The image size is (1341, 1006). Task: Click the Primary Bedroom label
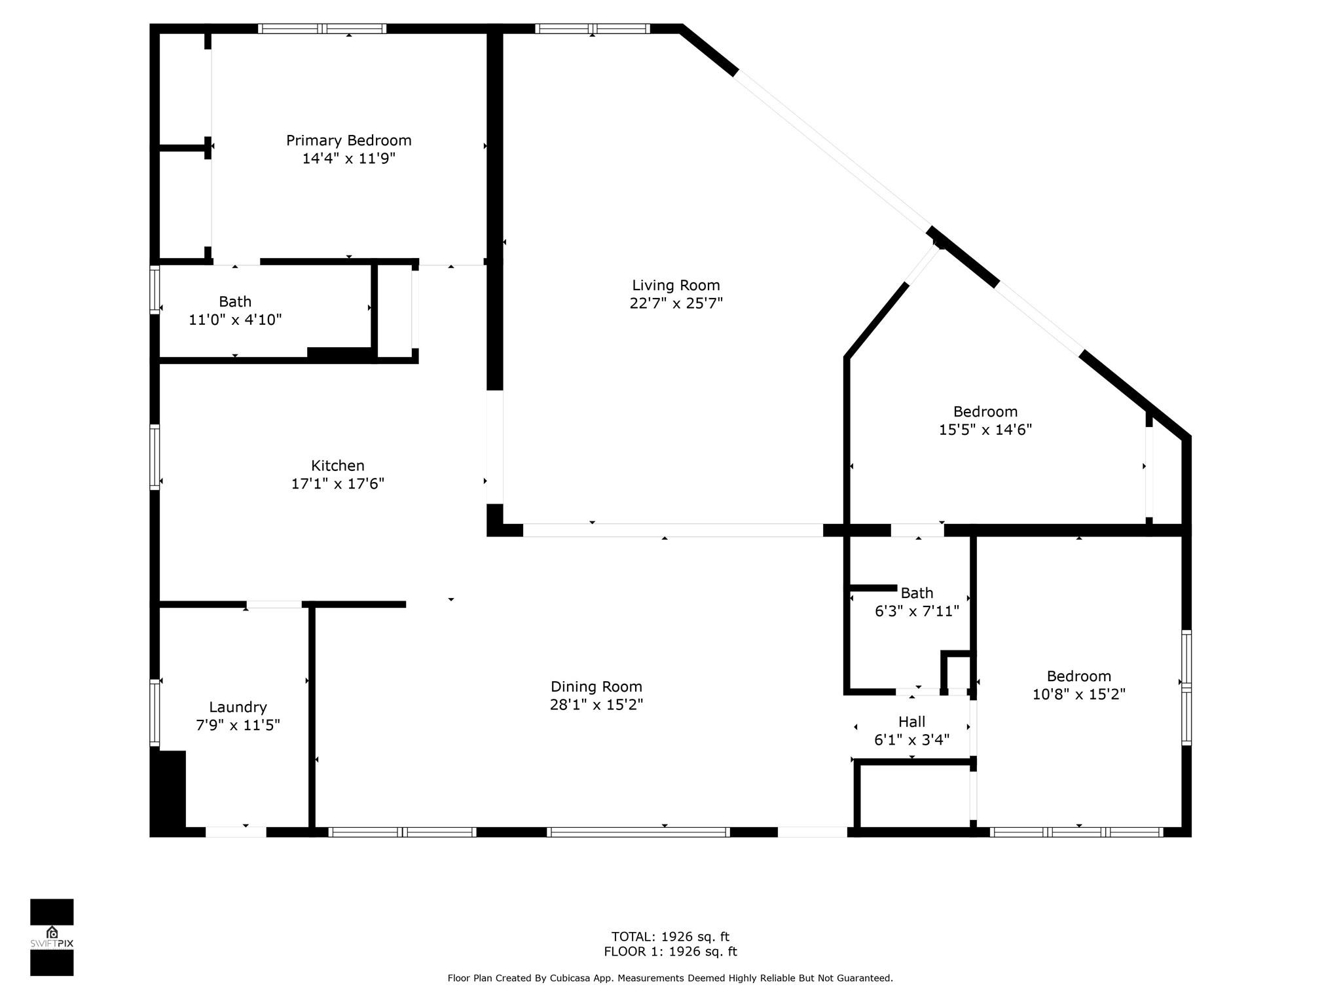click(348, 140)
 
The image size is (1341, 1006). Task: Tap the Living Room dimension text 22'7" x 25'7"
click(676, 303)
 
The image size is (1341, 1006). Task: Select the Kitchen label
click(337, 466)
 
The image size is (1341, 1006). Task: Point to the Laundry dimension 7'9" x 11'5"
click(238, 725)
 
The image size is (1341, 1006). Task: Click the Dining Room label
click(596, 686)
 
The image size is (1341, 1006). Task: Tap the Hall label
click(911, 722)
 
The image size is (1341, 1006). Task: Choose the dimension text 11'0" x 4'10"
click(235, 320)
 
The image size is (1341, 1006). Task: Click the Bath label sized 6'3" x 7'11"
click(917, 593)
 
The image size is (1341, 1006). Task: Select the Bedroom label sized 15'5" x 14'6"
click(985, 412)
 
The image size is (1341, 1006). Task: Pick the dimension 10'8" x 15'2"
click(1078, 694)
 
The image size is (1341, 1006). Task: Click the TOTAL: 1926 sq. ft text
click(670, 937)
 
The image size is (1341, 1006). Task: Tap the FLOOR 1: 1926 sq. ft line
click(670, 952)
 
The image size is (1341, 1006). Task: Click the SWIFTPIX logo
click(52, 937)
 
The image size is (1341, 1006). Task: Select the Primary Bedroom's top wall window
click(322, 29)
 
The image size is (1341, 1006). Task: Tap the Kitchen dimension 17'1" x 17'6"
click(337, 484)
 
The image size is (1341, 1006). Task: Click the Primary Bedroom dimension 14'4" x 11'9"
click(348, 158)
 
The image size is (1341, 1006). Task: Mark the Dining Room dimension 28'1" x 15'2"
click(596, 705)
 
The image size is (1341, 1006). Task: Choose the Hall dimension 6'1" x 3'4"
click(911, 740)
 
